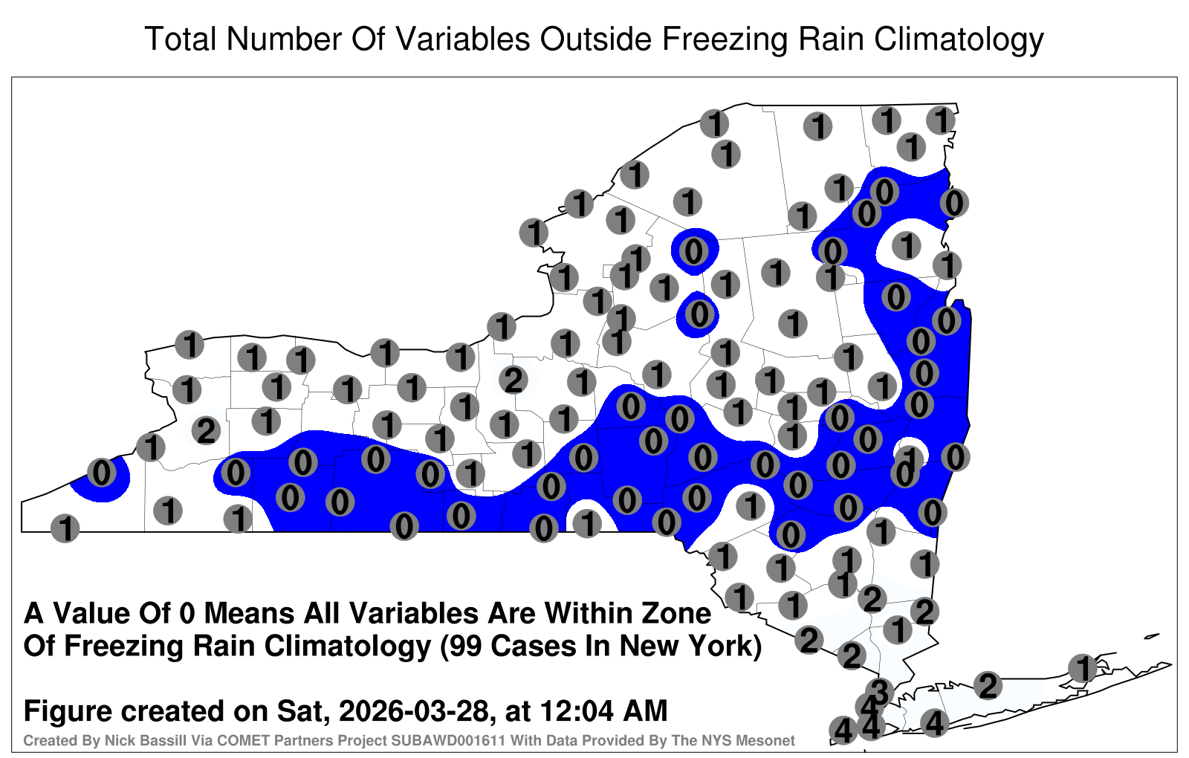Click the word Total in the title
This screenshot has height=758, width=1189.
[x=181, y=39]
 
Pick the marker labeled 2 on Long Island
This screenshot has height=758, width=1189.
[x=988, y=686]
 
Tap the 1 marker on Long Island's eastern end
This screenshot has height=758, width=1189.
[x=1082, y=668]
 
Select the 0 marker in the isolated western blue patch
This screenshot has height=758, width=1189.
[x=101, y=473]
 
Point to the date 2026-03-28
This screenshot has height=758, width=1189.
[x=414, y=710]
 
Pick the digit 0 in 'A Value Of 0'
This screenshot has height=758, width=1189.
[x=187, y=614]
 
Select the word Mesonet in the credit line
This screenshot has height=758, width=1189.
[x=770, y=740]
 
